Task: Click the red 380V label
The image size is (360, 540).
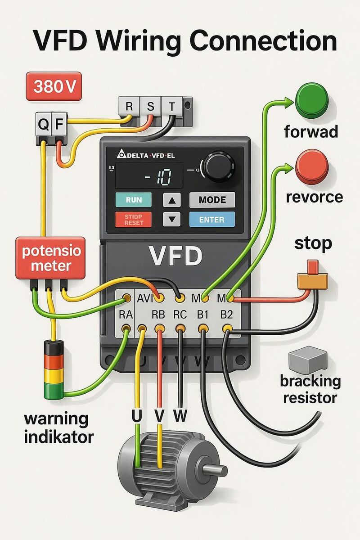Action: (x=54, y=86)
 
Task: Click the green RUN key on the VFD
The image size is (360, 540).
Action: (x=134, y=200)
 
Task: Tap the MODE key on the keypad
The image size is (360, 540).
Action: (x=212, y=200)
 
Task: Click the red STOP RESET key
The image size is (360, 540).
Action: (x=134, y=220)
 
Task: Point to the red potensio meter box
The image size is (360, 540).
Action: (x=50, y=257)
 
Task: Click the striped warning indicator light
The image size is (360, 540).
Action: (x=54, y=369)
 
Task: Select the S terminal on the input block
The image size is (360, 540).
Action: (x=150, y=107)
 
